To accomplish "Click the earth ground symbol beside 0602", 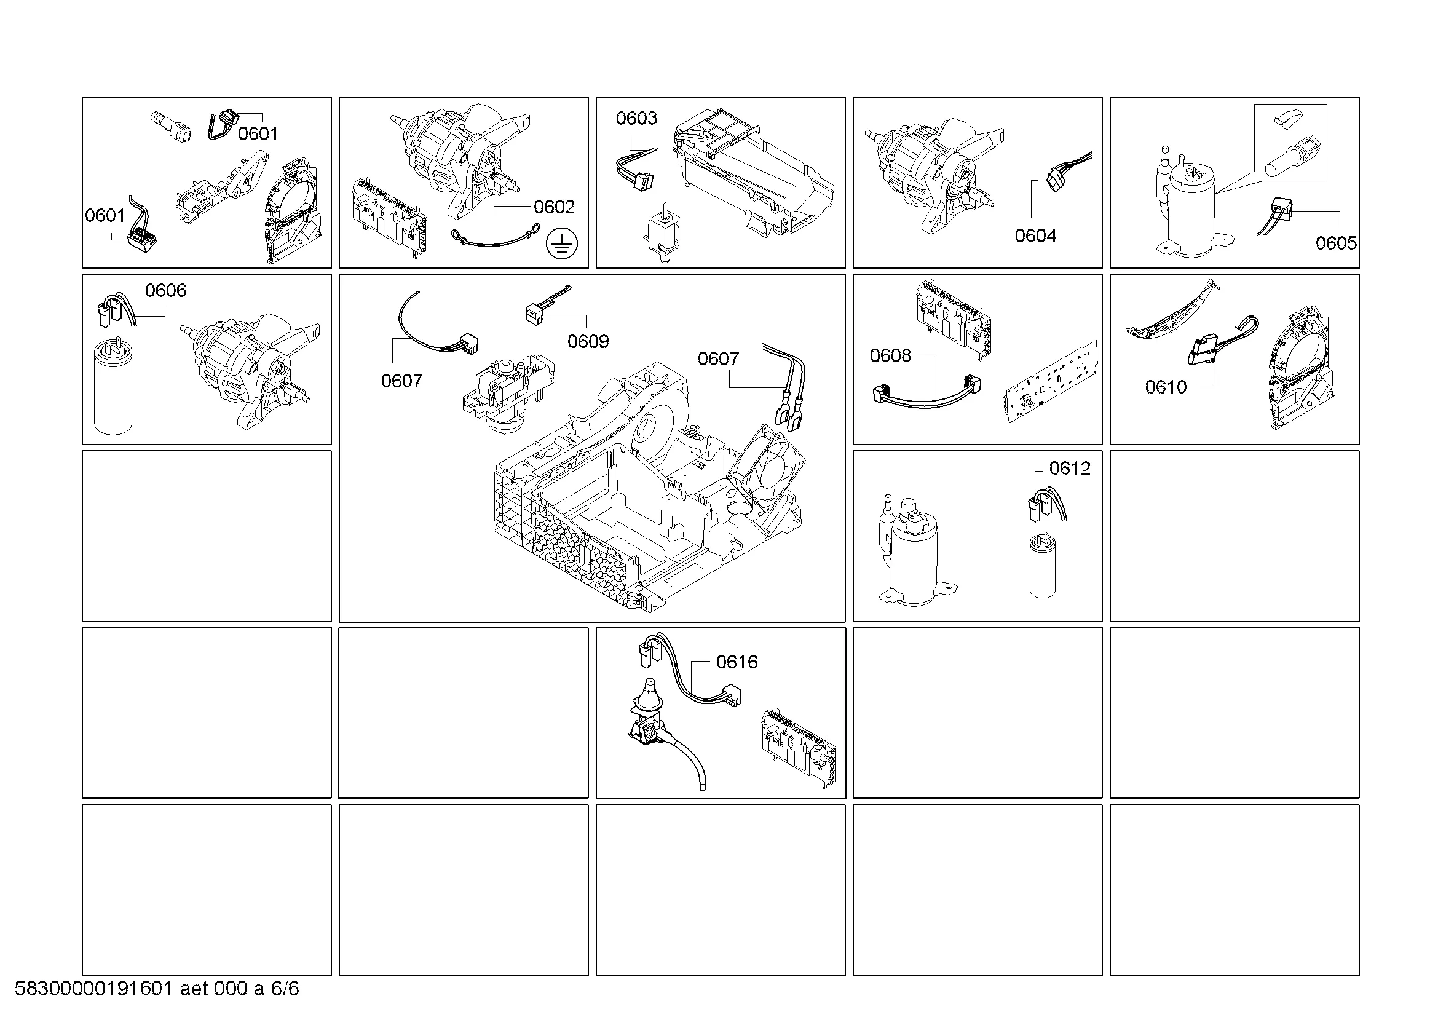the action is coord(561,244).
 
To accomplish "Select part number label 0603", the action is coord(636,118).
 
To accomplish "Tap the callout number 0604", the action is coord(1035,236).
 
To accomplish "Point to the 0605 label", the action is coord(1336,243).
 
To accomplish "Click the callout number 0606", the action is coord(166,291).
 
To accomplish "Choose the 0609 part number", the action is coord(588,341).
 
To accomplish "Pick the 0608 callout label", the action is coord(891,355).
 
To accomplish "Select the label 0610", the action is coord(1166,387).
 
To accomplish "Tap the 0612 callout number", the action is coord(1070,469).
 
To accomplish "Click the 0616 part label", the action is coord(737,662).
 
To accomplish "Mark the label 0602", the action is coord(555,207).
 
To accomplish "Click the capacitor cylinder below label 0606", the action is coord(113,387).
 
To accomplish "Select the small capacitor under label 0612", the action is coord(1042,566).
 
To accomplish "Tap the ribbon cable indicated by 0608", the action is coord(926,392).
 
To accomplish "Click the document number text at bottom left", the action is coord(157,989).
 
